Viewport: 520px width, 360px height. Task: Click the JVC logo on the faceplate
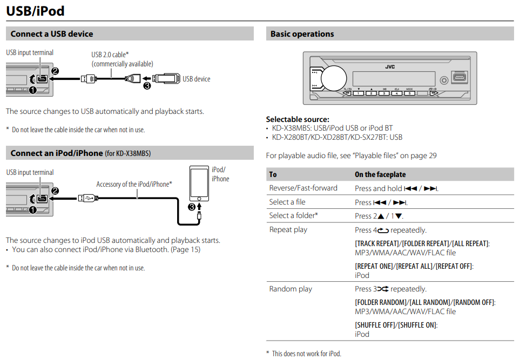tap(390, 67)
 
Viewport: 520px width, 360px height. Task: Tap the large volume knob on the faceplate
tap(334, 77)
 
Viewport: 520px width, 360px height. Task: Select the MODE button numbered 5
tap(409, 93)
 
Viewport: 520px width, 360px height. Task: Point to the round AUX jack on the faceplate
tap(444, 80)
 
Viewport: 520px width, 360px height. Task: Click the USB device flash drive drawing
tap(166, 78)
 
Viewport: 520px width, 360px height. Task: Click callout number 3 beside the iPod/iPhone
tap(191, 206)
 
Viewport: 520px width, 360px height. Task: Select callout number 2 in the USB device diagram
tap(55, 71)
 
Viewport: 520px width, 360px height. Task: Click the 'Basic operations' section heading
tap(302, 34)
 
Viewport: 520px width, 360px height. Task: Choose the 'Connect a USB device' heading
tap(52, 34)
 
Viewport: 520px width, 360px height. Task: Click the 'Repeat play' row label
tap(288, 229)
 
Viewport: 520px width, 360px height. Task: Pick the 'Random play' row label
tap(291, 289)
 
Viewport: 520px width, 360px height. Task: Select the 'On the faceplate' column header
tap(380, 174)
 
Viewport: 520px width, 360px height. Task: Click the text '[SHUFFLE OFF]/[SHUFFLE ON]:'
tap(396, 325)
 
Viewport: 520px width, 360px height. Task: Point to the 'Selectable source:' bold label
tap(298, 119)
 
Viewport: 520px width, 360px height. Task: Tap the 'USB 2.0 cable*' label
tap(110, 55)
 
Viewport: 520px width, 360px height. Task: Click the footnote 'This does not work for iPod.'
tap(306, 354)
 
